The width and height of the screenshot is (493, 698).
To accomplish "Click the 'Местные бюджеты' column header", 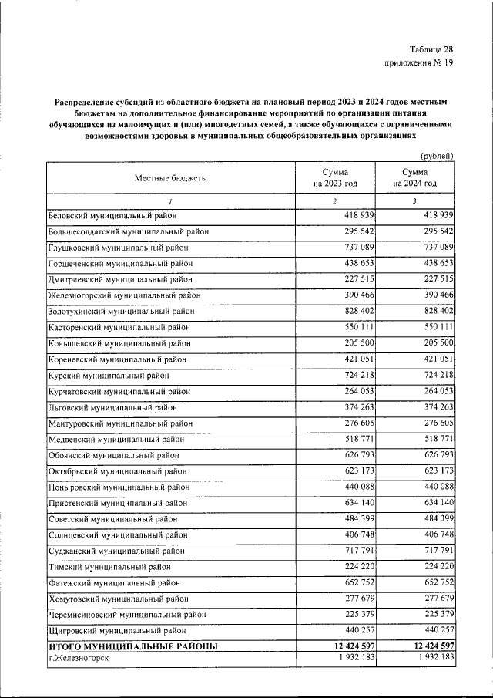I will pos(171,177).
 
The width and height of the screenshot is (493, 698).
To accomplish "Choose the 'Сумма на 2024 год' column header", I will pos(414,177).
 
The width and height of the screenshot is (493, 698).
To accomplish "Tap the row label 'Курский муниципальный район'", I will pos(109,376).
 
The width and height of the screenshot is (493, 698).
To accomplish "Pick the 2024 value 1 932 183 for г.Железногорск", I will pos(429,657).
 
